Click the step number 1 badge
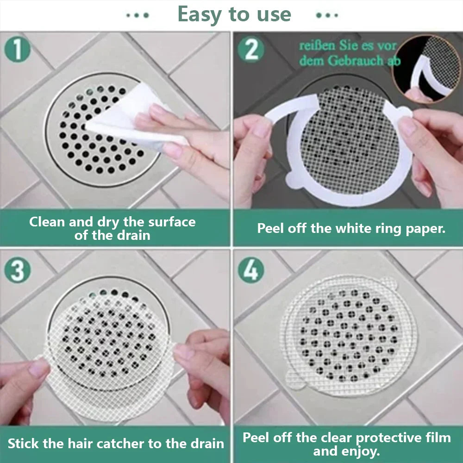point(17,50)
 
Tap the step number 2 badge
point(251,50)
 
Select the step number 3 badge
point(17,270)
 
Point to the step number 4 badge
point(251,270)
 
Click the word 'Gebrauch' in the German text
point(353,61)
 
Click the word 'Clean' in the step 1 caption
point(47,222)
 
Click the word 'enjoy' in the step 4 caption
point(361,450)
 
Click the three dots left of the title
point(138,15)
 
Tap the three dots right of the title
point(327,15)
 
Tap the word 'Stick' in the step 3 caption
point(23,444)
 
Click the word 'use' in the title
point(273,14)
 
